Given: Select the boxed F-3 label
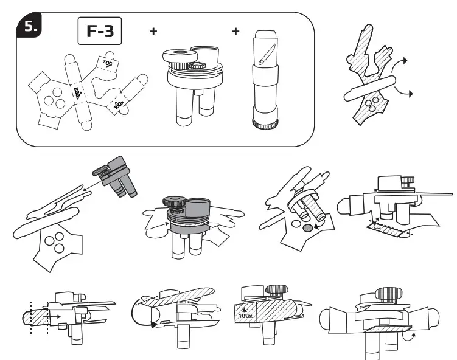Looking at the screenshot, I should click(100, 32).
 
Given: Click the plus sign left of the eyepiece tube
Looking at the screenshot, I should click(235, 31).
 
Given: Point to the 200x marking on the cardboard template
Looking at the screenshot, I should click(77, 92).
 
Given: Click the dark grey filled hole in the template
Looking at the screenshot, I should click(307, 227).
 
